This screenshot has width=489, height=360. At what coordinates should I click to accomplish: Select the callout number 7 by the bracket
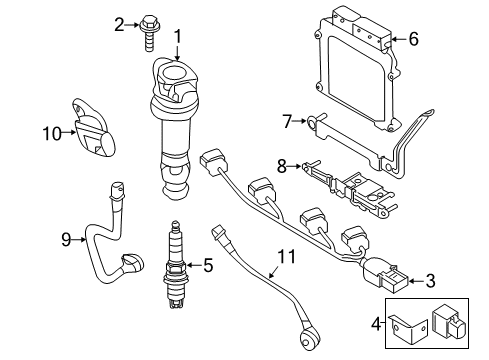click(286, 121)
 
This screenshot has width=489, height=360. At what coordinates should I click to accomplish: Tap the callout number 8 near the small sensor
click(281, 165)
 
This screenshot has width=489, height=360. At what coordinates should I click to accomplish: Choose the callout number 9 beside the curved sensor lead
click(65, 238)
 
